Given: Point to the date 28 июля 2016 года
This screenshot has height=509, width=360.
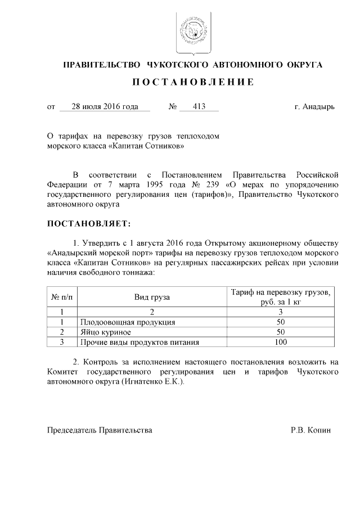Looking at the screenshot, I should coord(104,106).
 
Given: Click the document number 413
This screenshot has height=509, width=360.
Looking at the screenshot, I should coord(199,106).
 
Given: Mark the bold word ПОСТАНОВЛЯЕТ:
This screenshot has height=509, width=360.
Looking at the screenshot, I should coord(88,223).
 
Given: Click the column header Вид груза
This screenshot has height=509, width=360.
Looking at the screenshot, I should coord(152,296).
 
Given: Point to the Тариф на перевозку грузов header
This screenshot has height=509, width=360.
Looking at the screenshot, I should coord(281,292).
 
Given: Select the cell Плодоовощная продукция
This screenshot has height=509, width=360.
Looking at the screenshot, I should coord(128,322).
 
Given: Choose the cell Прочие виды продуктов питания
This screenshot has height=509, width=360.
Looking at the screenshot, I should coord(140,341).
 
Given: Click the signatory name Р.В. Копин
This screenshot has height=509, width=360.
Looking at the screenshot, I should coord(311,430).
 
